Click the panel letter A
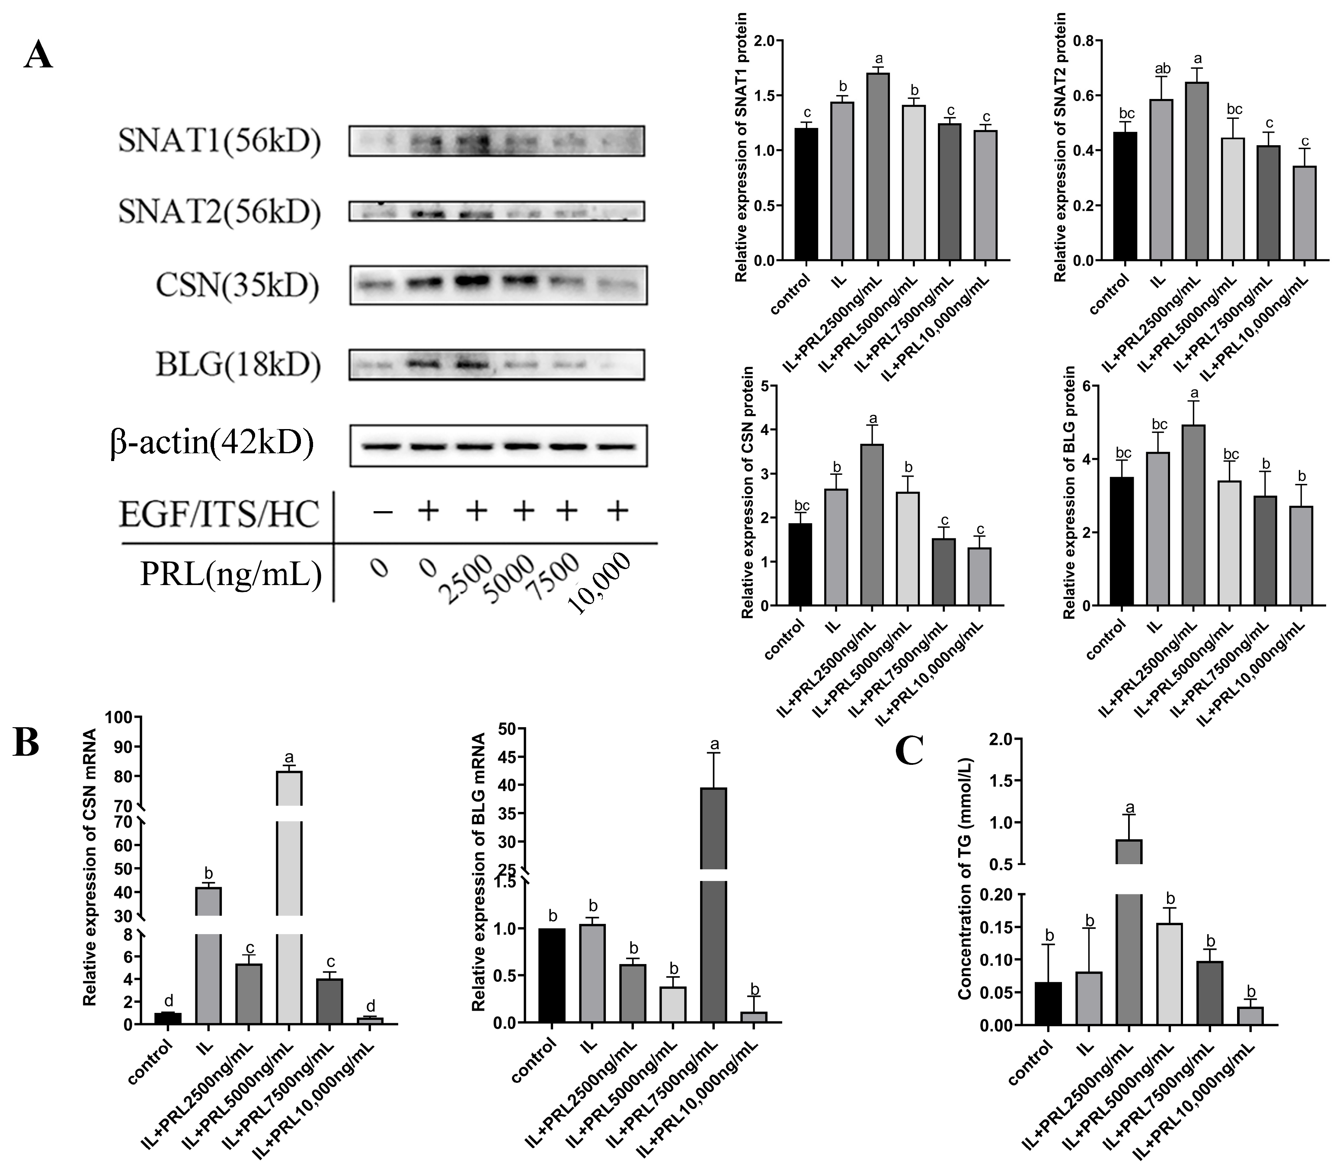(x=38, y=55)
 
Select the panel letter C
(x=910, y=751)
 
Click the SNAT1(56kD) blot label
(x=220, y=141)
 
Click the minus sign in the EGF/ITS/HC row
(x=382, y=512)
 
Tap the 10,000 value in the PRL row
(x=601, y=583)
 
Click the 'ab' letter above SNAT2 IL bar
(x=1161, y=68)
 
